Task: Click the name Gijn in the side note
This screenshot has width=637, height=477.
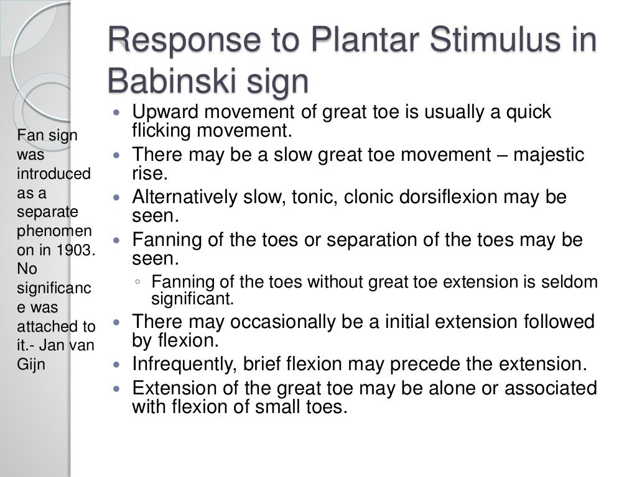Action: click(31, 364)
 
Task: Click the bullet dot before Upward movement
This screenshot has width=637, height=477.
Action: click(118, 113)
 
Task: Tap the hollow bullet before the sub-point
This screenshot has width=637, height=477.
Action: click(138, 283)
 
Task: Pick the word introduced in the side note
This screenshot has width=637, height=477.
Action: click(53, 173)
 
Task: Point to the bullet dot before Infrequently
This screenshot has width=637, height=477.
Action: click(118, 365)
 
